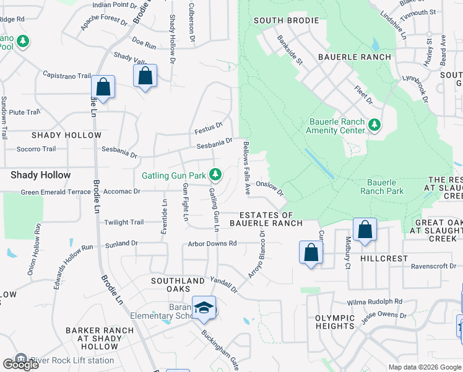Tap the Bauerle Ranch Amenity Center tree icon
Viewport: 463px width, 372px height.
click(374, 125)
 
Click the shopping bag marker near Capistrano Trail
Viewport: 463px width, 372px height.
click(103, 87)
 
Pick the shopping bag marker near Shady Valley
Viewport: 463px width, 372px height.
click(145, 76)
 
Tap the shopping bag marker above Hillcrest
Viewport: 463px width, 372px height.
click(365, 230)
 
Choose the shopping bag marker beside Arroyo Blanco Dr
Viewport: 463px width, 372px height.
click(311, 252)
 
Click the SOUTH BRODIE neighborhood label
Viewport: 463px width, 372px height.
click(287, 20)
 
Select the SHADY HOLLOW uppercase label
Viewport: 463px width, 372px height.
click(66, 135)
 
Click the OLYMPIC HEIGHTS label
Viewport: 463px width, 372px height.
click(335, 322)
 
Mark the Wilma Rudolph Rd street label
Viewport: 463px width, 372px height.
click(374, 302)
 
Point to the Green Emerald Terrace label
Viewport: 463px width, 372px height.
click(56, 192)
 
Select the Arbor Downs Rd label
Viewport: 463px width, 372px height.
click(212, 243)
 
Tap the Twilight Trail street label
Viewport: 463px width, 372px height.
click(124, 223)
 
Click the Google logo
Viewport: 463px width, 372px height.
click(20, 365)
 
